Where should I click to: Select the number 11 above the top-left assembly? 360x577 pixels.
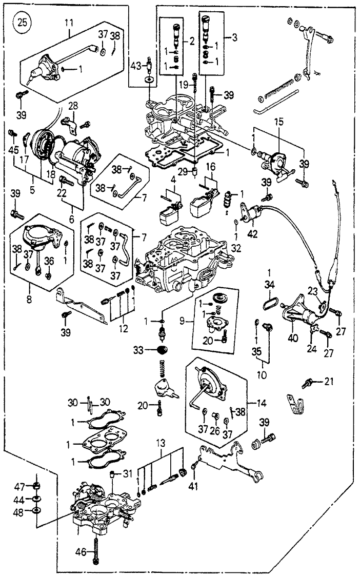69,23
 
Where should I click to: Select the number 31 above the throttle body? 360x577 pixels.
128,473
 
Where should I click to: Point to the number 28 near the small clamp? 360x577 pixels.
73,106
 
